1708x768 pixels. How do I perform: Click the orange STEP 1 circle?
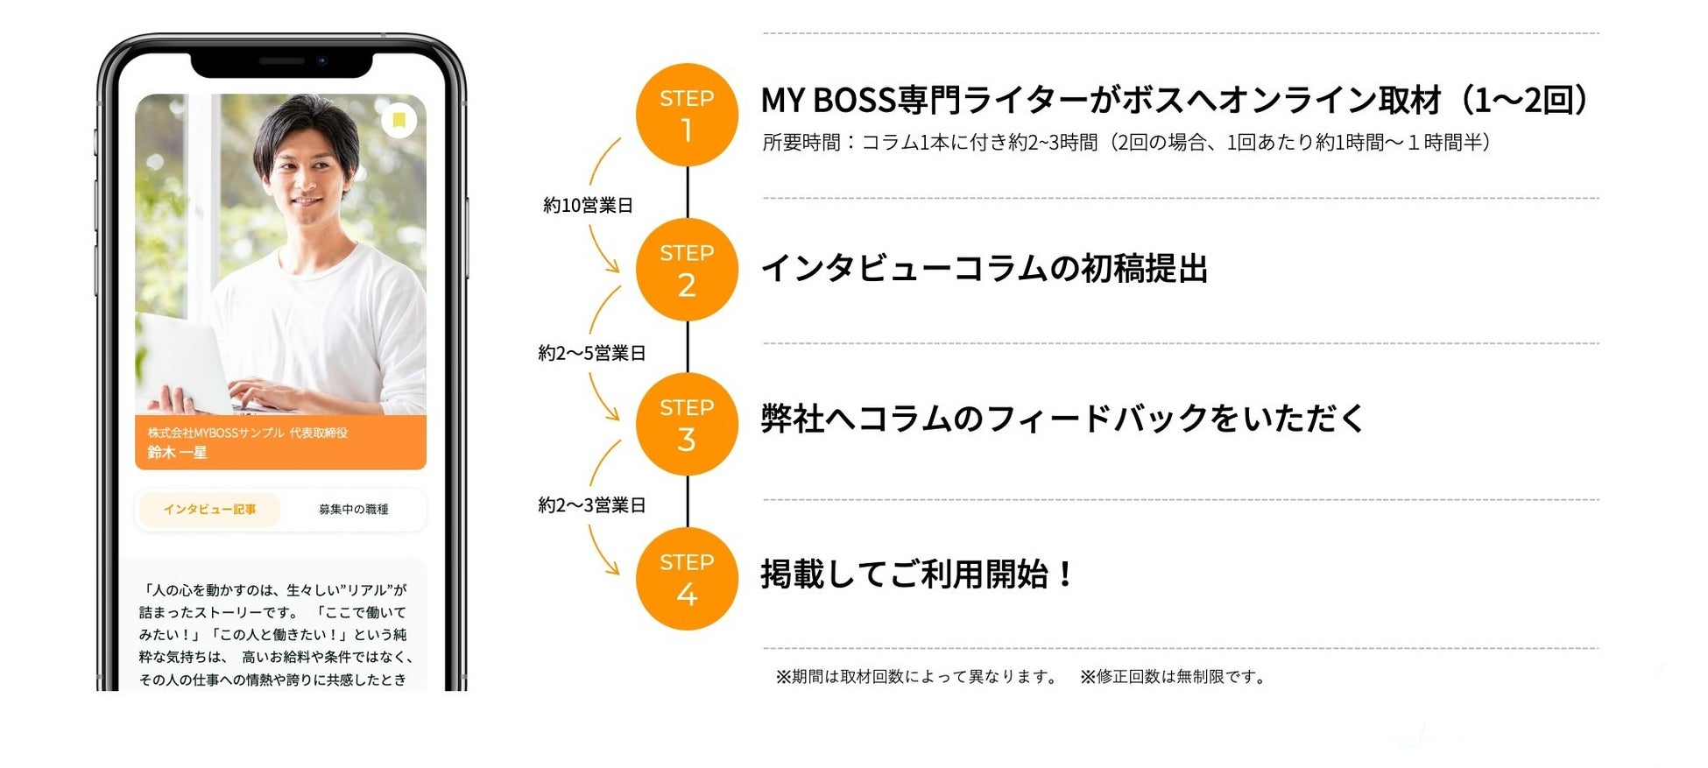click(x=687, y=115)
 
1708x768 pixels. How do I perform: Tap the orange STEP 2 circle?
click(x=687, y=270)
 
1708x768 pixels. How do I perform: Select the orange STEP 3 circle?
click(x=687, y=425)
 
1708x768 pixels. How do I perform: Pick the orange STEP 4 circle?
click(x=687, y=579)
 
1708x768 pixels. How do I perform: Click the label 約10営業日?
click(x=588, y=206)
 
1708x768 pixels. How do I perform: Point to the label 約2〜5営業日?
click(x=591, y=354)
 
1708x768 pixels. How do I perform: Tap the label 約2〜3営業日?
click(x=591, y=505)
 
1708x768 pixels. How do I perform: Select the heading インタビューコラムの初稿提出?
click(x=984, y=269)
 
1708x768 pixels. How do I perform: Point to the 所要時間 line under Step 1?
click(x=1126, y=143)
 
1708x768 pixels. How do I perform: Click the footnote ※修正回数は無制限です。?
click(x=1174, y=677)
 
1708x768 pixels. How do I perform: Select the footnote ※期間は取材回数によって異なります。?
click(x=917, y=677)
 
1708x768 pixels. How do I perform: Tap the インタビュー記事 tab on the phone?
click(x=209, y=510)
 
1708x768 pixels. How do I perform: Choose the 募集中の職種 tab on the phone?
click(x=353, y=510)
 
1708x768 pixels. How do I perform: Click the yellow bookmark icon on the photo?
click(x=399, y=120)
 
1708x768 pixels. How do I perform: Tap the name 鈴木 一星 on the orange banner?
click(x=177, y=453)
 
